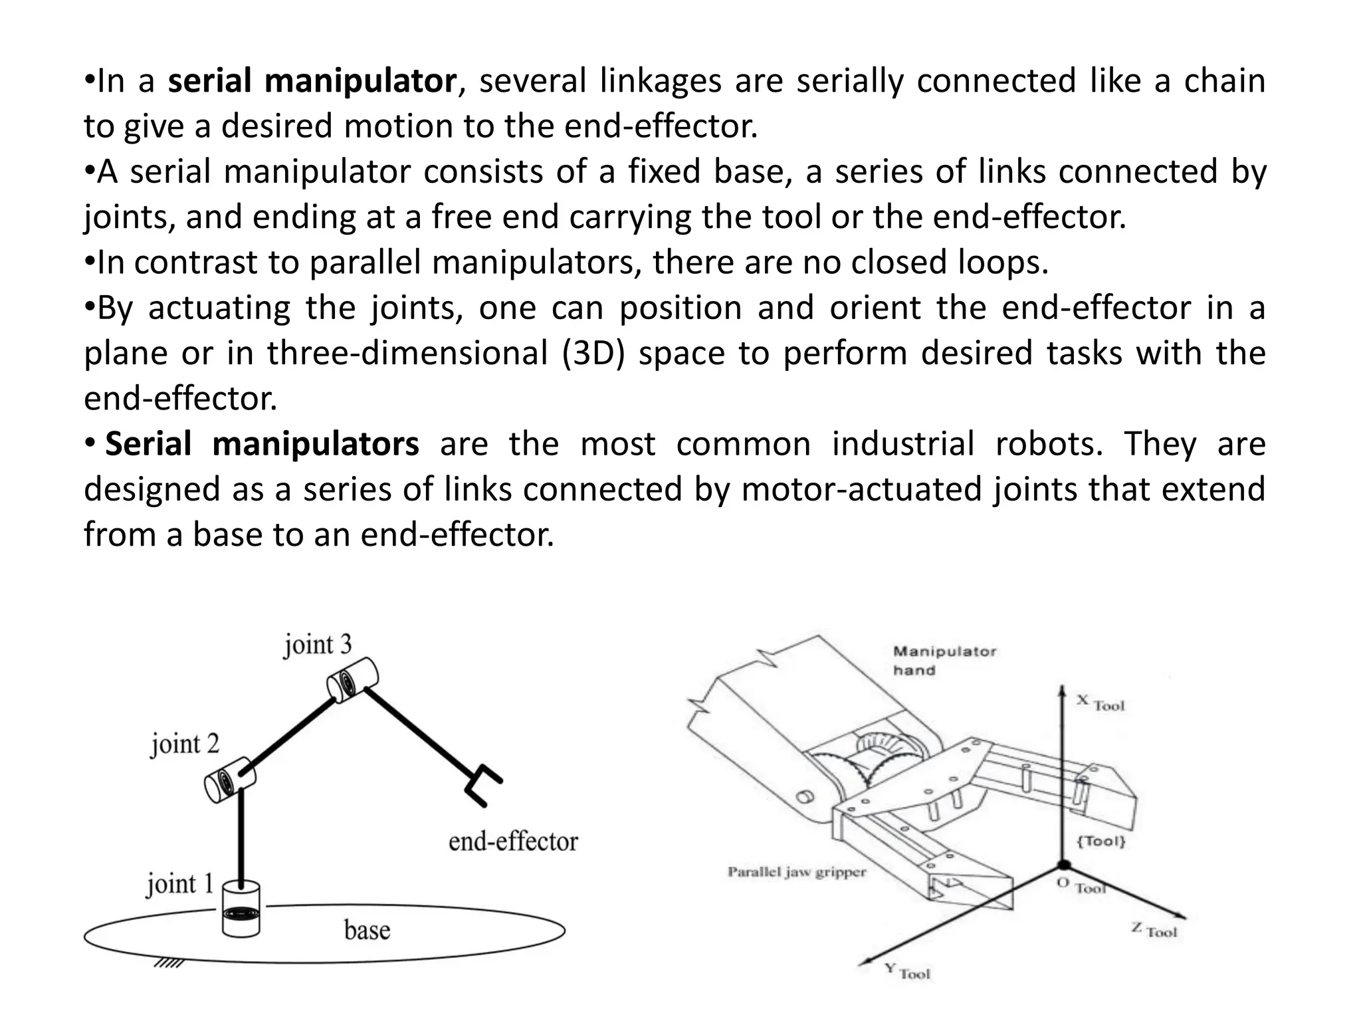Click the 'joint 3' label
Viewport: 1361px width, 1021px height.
[318, 645]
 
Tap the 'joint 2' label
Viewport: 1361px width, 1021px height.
[185, 744]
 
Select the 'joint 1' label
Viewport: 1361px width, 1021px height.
[180, 884]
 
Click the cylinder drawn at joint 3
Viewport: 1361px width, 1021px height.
[352, 680]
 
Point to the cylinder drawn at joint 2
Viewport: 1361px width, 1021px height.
[229, 780]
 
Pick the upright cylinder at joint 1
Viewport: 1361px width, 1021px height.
[241, 910]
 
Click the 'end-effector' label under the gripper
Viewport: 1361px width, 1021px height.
[513, 842]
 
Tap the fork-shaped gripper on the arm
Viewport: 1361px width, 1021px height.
[483, 785]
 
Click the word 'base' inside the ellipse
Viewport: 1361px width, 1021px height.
[367, 929]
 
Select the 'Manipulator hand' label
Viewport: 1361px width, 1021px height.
[943, 660]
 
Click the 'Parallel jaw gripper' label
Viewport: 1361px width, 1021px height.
[797, 872]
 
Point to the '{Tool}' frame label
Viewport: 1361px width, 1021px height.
[1100, 841]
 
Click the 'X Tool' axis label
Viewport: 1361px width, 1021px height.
[1100, 703]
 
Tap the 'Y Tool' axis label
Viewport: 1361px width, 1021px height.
[908, 971]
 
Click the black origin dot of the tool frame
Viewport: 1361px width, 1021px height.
[1063, 865]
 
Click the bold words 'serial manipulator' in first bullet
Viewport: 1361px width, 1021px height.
[312, 81]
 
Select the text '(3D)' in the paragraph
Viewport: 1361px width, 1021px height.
[593, 353]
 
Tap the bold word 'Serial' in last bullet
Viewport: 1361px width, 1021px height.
[148, 443]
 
